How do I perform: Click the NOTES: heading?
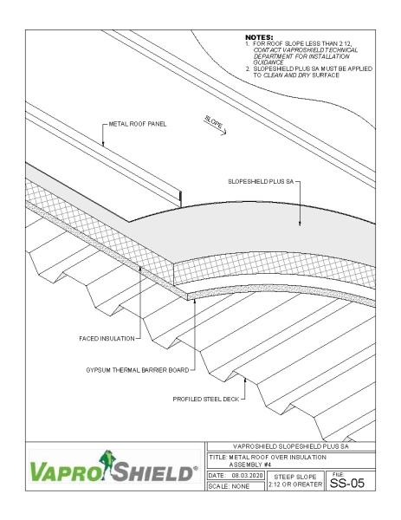[260, 37]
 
